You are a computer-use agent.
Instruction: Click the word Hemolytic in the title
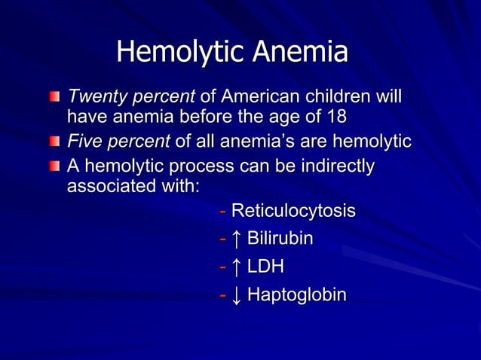point(180,53)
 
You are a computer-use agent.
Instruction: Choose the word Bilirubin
point(280,239)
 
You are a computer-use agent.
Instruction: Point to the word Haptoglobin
point(297,294)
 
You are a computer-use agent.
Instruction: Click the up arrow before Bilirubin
point(237,239)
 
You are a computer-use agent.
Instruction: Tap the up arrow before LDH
point(237,267)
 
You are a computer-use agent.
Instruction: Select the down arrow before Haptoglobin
point(237,294)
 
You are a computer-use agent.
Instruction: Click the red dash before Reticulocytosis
point(222,211)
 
